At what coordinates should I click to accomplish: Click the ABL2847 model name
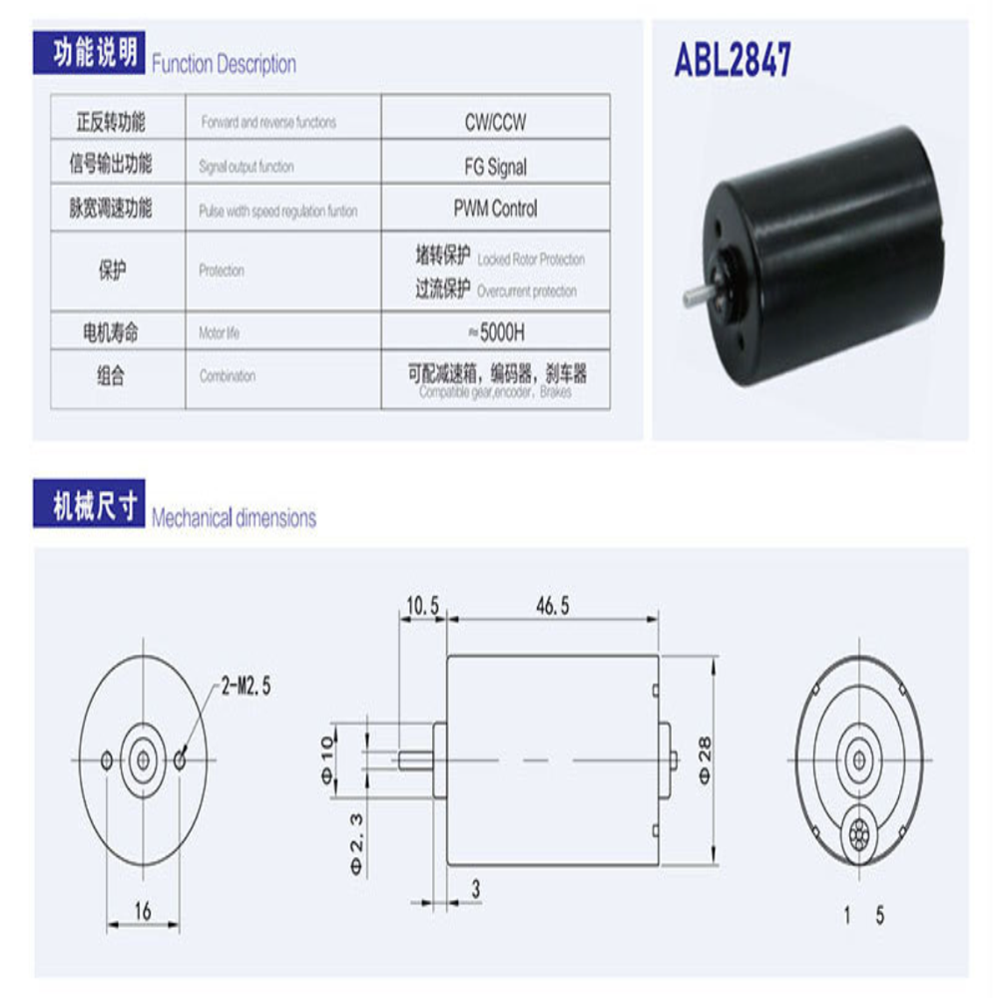pyautogui.click(x=733, y=61)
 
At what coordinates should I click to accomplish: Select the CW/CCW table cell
pyautogui.click(x=495, y=123)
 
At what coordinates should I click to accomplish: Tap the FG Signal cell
pyautogui.click(x=495, y=168)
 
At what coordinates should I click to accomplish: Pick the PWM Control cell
pyautogui.click(x=495, y=210)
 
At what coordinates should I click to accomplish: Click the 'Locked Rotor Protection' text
pyautogui.click(x=531, y=259)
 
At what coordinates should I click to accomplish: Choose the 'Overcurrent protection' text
pyautogui.click(x=527, y=291)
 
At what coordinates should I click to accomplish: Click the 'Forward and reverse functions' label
pyautogui.click(x=268, y=123)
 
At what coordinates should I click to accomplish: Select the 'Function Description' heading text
pyautogui.click(x=224, y=65)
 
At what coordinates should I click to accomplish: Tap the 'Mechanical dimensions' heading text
pyautogui.click(x=234, y=518)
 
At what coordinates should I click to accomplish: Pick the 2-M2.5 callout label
pyautogui.click(x=246, y=687)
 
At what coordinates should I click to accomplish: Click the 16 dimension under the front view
pyautogui.click(x=143, y=911)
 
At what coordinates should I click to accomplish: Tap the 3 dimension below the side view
pyautogui.click(x=477, y=885)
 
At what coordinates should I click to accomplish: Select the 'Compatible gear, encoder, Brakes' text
pyautogui.click(x=496, y=393)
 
